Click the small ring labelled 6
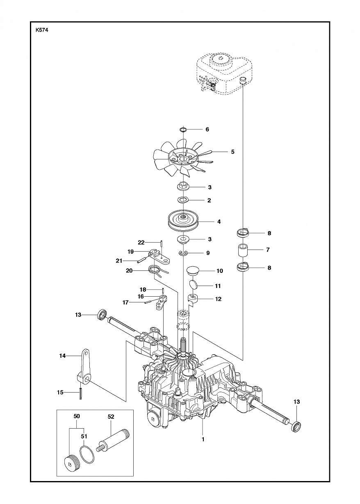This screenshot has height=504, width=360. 183,130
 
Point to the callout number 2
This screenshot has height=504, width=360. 209,200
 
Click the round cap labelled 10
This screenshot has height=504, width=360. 192,271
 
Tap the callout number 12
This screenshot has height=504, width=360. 218,299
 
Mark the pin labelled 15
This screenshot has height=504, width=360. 81,393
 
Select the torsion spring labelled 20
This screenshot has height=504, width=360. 155,270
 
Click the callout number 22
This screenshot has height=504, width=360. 141,242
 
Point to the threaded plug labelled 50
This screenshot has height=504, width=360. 71,461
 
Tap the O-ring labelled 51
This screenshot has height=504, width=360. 85,454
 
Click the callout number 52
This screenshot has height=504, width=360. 111,416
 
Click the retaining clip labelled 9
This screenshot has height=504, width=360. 184,254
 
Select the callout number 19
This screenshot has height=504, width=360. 131,251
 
